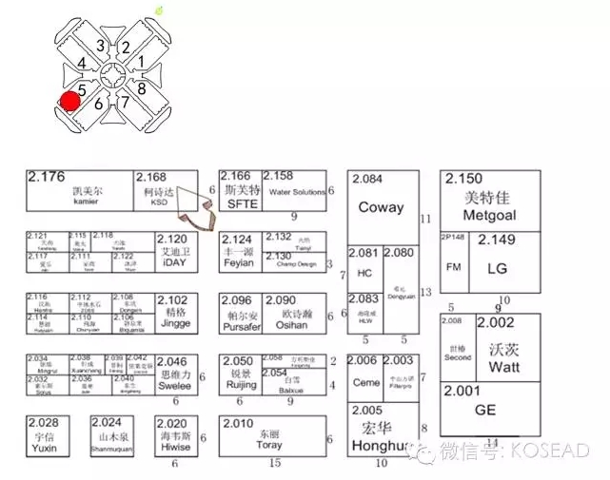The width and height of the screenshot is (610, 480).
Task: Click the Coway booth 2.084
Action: coord(381,207)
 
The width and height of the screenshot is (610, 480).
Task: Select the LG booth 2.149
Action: coord(498,268)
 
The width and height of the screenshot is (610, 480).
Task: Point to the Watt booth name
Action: coord(503,367)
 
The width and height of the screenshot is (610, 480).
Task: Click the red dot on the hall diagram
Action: coord(69,102)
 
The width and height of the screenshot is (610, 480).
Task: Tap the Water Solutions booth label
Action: coord(297,192)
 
